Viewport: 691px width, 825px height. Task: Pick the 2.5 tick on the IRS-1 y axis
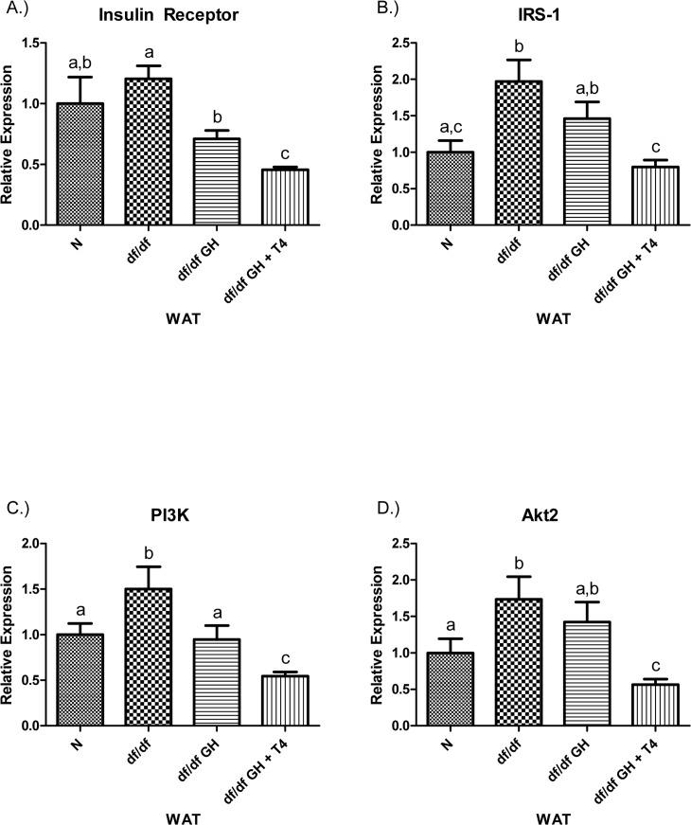397,44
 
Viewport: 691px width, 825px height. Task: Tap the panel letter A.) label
19,12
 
